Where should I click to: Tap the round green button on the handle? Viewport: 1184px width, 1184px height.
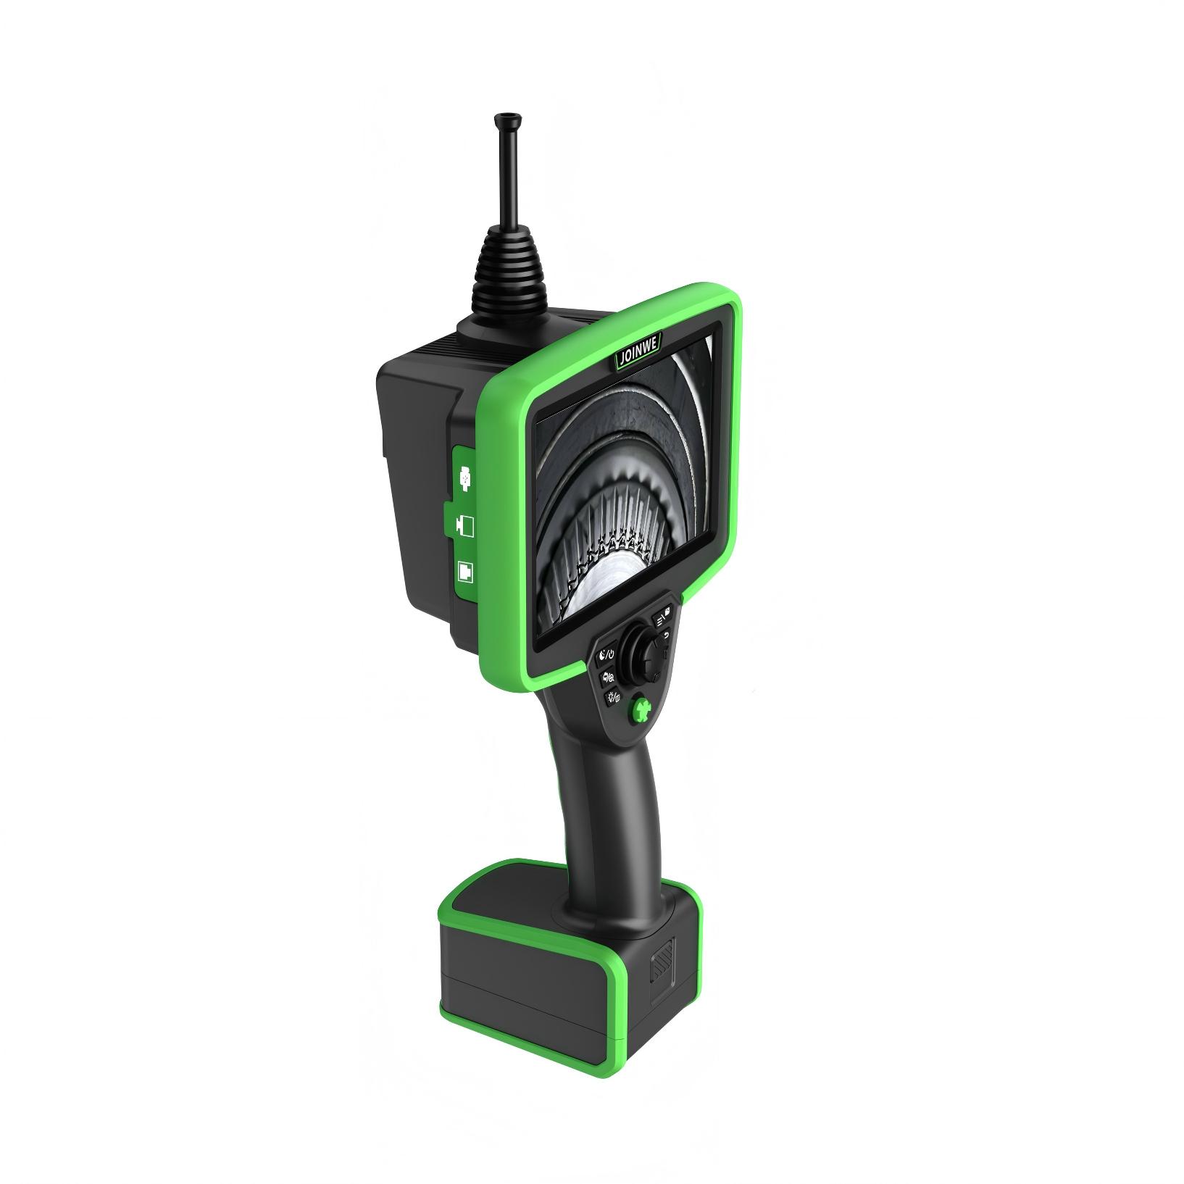[x=640, y=710]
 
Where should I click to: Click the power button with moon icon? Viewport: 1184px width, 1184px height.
[x=606, y=656]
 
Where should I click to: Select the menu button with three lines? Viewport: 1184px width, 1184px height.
[x=663, y=617]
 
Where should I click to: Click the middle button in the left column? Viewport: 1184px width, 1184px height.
[x=609, y=678]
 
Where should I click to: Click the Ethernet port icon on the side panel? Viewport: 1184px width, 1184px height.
[x=464, y=572]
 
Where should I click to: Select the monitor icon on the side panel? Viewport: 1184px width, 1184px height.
[x=464, y=527]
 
